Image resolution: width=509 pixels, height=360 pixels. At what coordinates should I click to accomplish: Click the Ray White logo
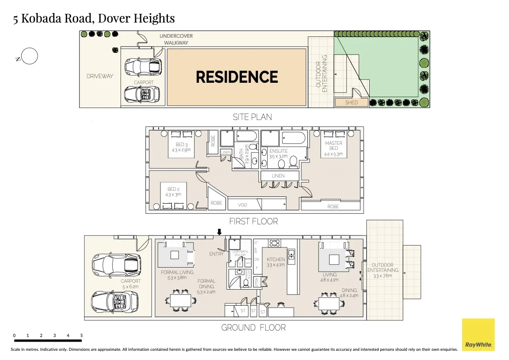(478, 335)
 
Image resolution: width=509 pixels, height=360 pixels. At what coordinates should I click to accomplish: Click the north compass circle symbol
(29, 57)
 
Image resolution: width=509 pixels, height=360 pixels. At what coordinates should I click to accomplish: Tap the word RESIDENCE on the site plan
(237, 77)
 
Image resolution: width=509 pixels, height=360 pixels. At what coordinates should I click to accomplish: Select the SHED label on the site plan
(351, 103)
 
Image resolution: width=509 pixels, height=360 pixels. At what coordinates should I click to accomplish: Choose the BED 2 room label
(174, 192)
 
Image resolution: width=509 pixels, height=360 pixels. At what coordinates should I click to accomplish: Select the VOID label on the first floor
(243, 205)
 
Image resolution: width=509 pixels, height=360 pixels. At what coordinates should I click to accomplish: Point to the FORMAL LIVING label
(177, 275)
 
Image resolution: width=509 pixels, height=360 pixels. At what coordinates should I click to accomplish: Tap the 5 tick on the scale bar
(81, 336)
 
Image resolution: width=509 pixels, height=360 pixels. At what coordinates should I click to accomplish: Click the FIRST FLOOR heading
(253, 221)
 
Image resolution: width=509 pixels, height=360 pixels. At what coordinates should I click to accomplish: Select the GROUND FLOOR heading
(253, 328)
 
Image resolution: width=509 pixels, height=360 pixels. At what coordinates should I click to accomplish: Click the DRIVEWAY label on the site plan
(100, 76)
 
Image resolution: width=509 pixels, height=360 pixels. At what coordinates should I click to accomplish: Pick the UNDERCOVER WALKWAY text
(176, 39)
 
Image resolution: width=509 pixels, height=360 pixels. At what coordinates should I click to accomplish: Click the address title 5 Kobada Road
(94, 18)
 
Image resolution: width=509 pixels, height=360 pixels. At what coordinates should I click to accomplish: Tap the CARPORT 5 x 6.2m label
(131, 284)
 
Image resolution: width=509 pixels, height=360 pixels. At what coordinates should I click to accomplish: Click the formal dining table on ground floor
(180, 300)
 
